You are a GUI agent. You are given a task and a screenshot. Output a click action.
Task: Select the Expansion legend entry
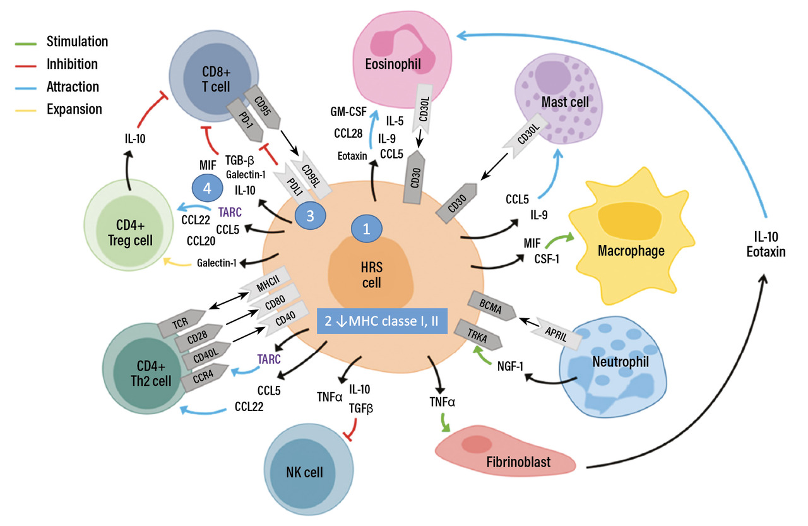point(74,109)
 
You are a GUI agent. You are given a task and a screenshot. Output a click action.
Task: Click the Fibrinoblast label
point(518,462)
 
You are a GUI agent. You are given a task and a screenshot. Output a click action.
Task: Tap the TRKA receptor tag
point(480,338)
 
